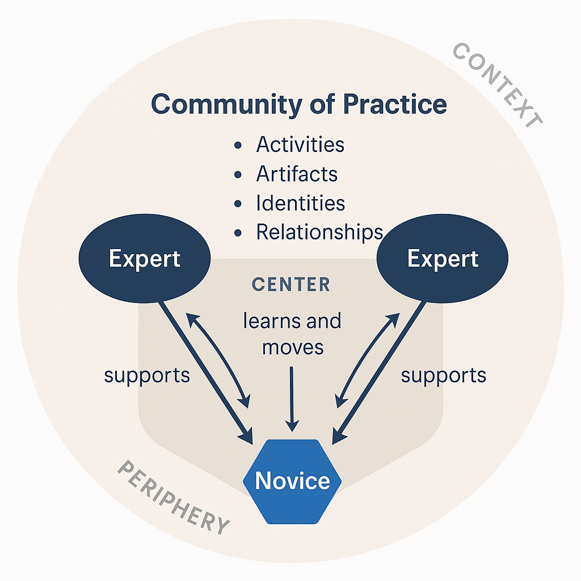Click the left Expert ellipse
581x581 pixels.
pos(144,259)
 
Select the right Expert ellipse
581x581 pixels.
pos(443,259)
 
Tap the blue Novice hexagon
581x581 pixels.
pos(292,481)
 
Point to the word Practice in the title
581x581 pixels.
pos(390,104)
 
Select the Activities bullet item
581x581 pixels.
pos(300,145)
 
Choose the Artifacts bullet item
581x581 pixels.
pos(296,174)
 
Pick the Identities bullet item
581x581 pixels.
pos(300,203)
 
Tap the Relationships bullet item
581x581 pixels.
pos(319,231)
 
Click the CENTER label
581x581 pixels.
pos(290,284)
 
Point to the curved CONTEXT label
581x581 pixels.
pos(498,85)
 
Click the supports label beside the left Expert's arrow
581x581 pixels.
pos(147,376)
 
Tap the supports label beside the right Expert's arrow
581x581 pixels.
pos(444,376)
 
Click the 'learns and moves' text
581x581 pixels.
pos(292,334)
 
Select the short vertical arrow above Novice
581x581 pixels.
pos(292,397)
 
